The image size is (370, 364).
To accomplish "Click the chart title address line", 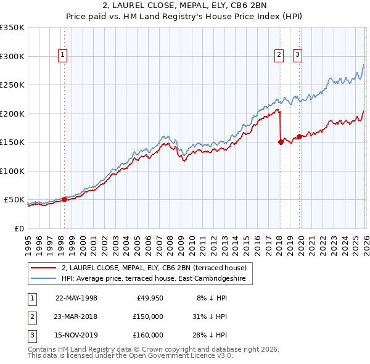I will click(x=185, y=6).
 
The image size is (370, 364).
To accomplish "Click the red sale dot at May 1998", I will click(x=64, y=199).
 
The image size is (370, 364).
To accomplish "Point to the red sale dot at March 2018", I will click(x=281, y=142).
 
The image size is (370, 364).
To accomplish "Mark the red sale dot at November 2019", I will click(x=299, y=136).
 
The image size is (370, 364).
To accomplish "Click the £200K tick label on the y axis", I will click(x=12, y=114).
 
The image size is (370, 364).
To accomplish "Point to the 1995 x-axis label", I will click(x=28, y=241).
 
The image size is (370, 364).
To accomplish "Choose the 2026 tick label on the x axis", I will click(x=364, y=241).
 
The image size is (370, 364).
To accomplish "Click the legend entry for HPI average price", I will click(x=153, y=279).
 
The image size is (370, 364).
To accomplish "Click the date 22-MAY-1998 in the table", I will click(x=76, y=298).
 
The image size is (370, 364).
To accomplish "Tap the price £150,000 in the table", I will click(x=148, y=316).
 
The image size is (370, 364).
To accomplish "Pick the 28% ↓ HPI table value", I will click(x=213, y=335).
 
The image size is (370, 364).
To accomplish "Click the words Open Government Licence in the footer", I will click(x=170, y=356).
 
